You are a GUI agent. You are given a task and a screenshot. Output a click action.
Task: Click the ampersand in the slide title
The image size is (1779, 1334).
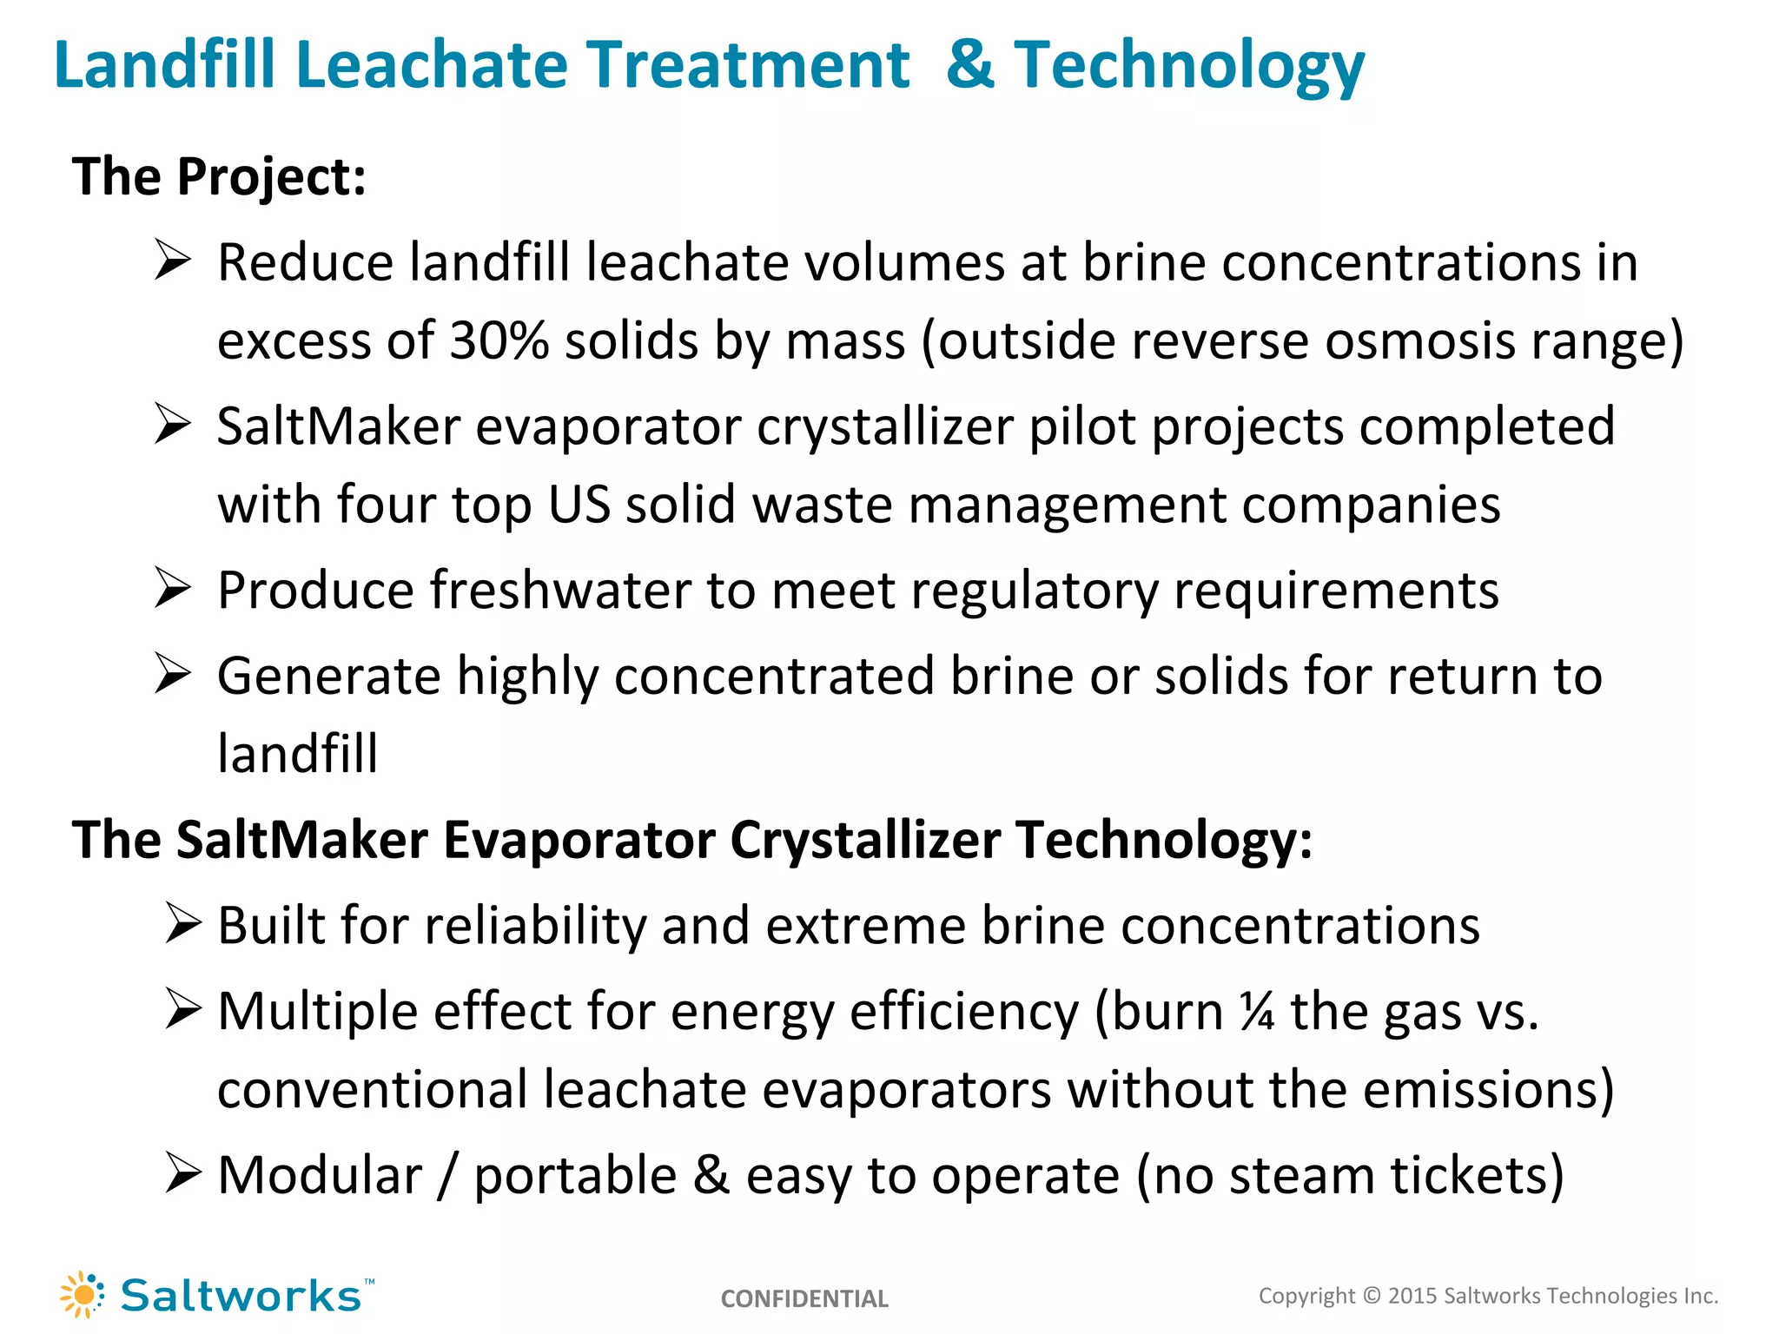coord(970,65)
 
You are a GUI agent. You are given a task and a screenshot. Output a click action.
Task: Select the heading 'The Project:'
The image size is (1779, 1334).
coord(219,176)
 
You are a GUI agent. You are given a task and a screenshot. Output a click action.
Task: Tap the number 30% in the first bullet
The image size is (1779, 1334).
coord(499,340)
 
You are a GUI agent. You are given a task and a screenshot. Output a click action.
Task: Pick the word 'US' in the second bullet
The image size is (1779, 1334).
coord(579,504)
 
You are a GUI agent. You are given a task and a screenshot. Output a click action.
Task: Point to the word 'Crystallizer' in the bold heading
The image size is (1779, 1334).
coord(865,841)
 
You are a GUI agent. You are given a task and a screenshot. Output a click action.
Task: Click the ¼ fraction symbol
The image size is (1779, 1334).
coord(1257,1012)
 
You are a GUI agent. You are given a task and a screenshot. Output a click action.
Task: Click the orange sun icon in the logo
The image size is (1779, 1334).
coord(83,1295)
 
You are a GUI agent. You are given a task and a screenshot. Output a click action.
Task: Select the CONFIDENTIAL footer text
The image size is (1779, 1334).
coord(804,1298)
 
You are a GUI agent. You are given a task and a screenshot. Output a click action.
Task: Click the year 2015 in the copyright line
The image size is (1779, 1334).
coord(1412,1296)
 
